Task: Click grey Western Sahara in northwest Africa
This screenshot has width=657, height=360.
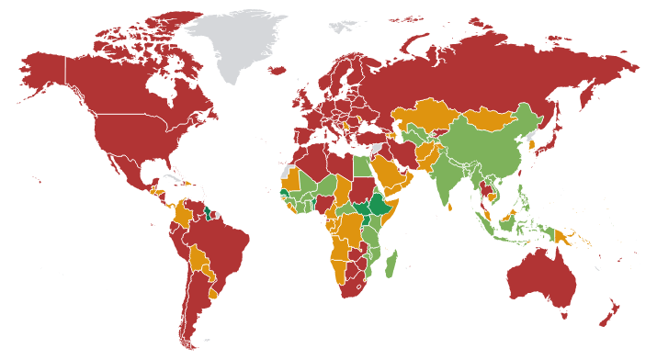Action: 287,173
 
